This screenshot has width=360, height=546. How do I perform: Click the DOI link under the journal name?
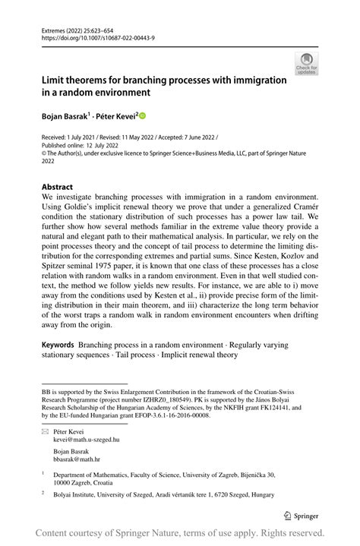[89, 36]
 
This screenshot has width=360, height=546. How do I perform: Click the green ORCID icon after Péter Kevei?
[141, 115]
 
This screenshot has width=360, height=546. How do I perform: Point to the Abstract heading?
[57, 187]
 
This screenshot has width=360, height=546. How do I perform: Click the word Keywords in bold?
[57, 345]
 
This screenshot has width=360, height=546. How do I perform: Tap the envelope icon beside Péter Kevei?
[45, 431]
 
